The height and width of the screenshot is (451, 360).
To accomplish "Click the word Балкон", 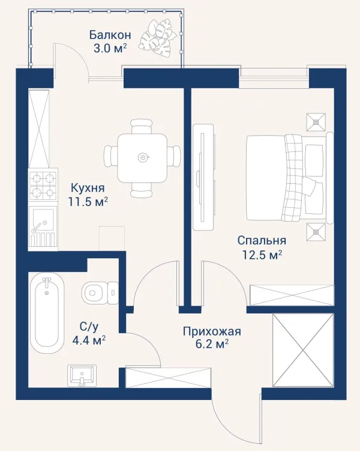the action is click(x=110, y=35).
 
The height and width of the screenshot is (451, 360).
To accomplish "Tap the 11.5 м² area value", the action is click(x=88, y=202).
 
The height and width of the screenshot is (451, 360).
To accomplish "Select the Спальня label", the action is click(x=262, y=240).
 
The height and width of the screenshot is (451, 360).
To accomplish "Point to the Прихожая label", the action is click(x=212, y=331).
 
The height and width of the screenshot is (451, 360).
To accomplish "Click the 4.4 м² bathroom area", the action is click(x=89, y=341).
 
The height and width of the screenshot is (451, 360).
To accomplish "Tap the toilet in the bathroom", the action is click(x=100, y=293).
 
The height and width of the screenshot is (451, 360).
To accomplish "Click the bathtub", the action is click(x=47, y=313).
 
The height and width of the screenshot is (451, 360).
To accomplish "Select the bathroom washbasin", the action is click(x=82, y=376).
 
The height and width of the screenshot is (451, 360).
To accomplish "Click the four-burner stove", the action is click(x=43, y=184).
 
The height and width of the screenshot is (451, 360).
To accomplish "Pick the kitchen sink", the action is click(x=43, y=227).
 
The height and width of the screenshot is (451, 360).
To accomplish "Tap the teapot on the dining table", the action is click(x=143, y=157).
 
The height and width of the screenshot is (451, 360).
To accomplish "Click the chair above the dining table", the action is click(x=142, y=127).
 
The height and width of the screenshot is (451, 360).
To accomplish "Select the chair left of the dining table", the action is click(x=111, y=156).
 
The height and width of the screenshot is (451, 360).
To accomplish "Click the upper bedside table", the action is click(x=316, y=123).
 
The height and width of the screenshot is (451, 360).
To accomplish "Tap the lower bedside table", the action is click(x=316, y=232).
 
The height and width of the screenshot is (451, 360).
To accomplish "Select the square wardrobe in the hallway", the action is click(x=303, y=350).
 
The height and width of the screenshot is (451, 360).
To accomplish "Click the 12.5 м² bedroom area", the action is click(x=262, y=255).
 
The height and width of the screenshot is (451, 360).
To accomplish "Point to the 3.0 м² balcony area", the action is click(x=110, y=48).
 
